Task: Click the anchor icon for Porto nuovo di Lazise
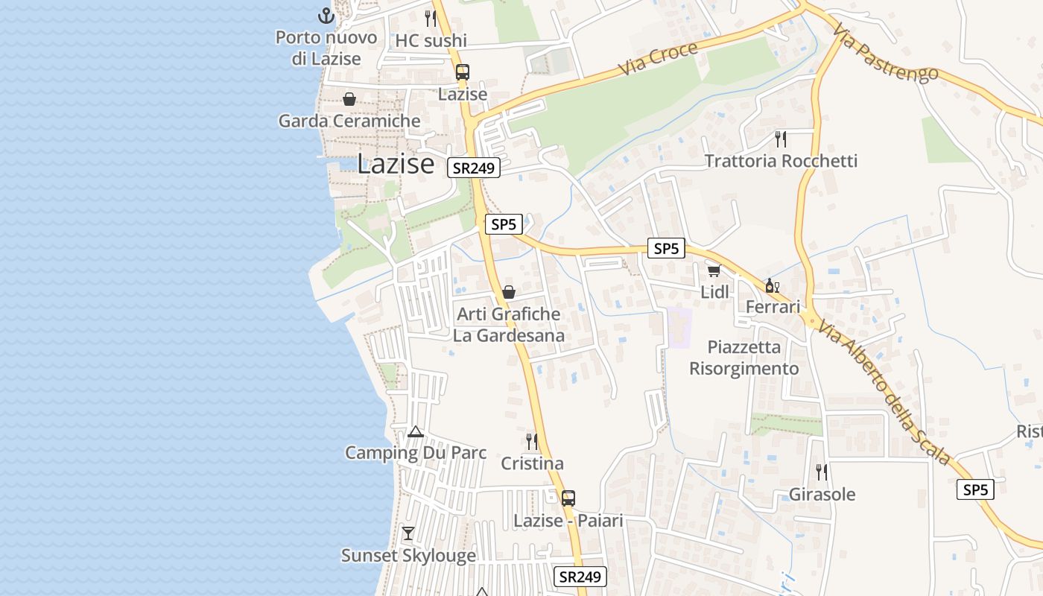(326, 15)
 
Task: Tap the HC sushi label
(431, 40)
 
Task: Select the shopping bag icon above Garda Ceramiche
(349, 99)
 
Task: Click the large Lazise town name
(395, 164)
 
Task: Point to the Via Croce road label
(659, 58)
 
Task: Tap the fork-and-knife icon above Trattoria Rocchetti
(781, 139)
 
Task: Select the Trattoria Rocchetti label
(781, 161)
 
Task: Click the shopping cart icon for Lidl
(714, 270)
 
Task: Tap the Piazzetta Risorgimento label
(744, 358)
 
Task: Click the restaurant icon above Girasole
(822, 472)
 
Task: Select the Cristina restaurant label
(532, 463)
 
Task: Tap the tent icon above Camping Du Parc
(416, 431)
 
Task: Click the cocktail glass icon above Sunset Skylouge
(408, 533)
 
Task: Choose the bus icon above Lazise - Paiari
(568, 498)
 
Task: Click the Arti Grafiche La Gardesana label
(509, 325)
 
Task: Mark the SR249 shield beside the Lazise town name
(474, 168)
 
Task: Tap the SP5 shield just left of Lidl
(665, 249)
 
